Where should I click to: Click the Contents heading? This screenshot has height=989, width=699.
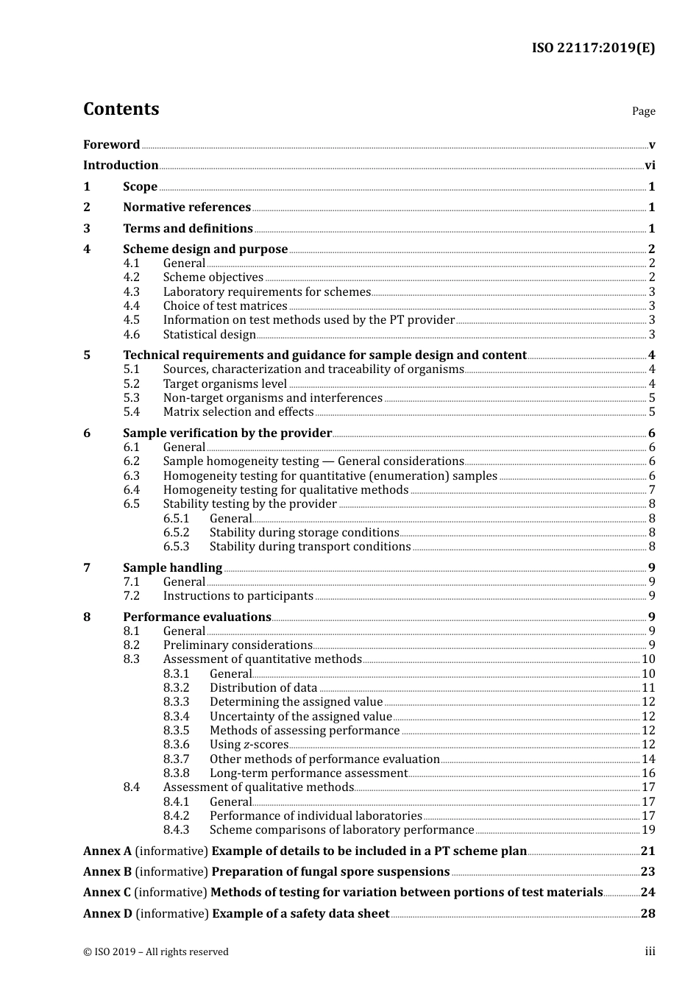pyautogui.click(x=121, y=109)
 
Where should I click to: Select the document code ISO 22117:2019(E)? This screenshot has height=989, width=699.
pyautogui.click(x=593, y=48)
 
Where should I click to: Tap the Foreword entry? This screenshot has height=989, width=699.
pyautogui.click(x=111, y=145)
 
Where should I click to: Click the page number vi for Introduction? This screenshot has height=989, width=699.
pyautogui.click(x=650, y=166)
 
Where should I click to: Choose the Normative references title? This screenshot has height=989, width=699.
pyautogui.click(x=187, y=208)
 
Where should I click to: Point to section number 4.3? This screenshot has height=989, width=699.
pyautogui.click(x=131, y=292)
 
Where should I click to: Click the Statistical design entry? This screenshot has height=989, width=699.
pyautogui.click(x=209, y=335)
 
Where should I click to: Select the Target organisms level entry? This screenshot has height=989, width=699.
pyautogui.click(x=224, y=384)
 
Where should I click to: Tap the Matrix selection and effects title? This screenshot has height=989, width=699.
pyautogui.click(x=238, y=412)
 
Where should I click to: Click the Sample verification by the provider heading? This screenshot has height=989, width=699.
pyautogui.click(x=227, y=433)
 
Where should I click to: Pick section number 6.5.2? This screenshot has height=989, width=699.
pyautogui.click(x=176, y=533)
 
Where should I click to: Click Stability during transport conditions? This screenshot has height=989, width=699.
pyautogui.click(x=310, y=547)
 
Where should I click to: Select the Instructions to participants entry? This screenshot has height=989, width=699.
pyautogui.click(x=238, y=596)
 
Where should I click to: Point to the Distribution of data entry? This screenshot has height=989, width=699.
pyautogui.click(x=263, y=688)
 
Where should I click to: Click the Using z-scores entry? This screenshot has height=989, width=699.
pyautogui.click(x=249, y=745)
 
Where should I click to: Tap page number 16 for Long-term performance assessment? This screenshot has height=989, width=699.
pyautogui.click(x=648, y=773)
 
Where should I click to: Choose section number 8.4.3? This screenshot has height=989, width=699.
pyautogui.click(x=176, y=830)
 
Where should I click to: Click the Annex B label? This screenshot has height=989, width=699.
pyautogui.click(x=107, y=872)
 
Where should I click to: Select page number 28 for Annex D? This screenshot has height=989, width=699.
pyautogui.click(x=647, y=914)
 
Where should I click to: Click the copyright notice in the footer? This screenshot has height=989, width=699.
pyautogui.click(x=156, y=952)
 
